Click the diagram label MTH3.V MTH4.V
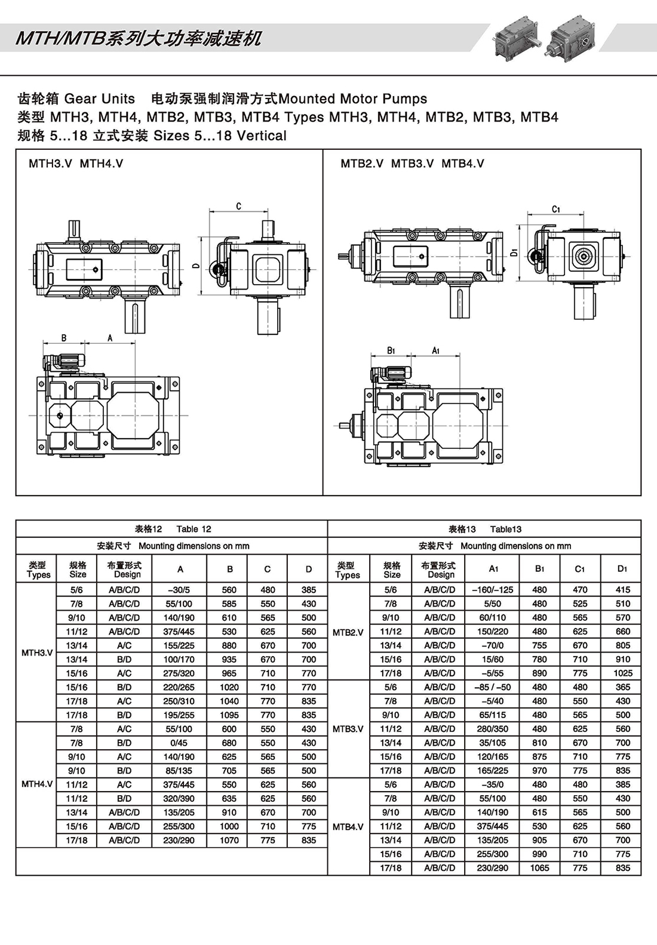pyautogui.click(x=76, y=164)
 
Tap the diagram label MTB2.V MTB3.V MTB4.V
pyautogui.click(x=412, y=164)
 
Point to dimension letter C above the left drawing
pyautogui.click(x=238, y=207)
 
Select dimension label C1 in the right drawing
pyautogui.click(x=555, y=209)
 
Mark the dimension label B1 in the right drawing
pyautogui.click(x=391, y=350)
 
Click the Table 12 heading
pyautogui.click(x=173, y=529)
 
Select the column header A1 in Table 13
pyautogui.click(x=493, y=569)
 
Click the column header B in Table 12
pyautogui.click(x=229, y=569)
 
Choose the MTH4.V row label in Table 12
pyautogui.click(x=37, y=784)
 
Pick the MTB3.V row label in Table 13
pyautogui.click(x=348, y=729)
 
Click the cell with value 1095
pyautogui.click(x=229, y=715)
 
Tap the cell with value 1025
pyautogui.click(x=622, y=673)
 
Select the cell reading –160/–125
pyautogui.click(x=493, y=589)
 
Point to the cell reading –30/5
pyautogui.click(x=179, y=589)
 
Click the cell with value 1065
pyautogui.click(x=539, y=868)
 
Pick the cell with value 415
pyautogui.click(x=622, y=589)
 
